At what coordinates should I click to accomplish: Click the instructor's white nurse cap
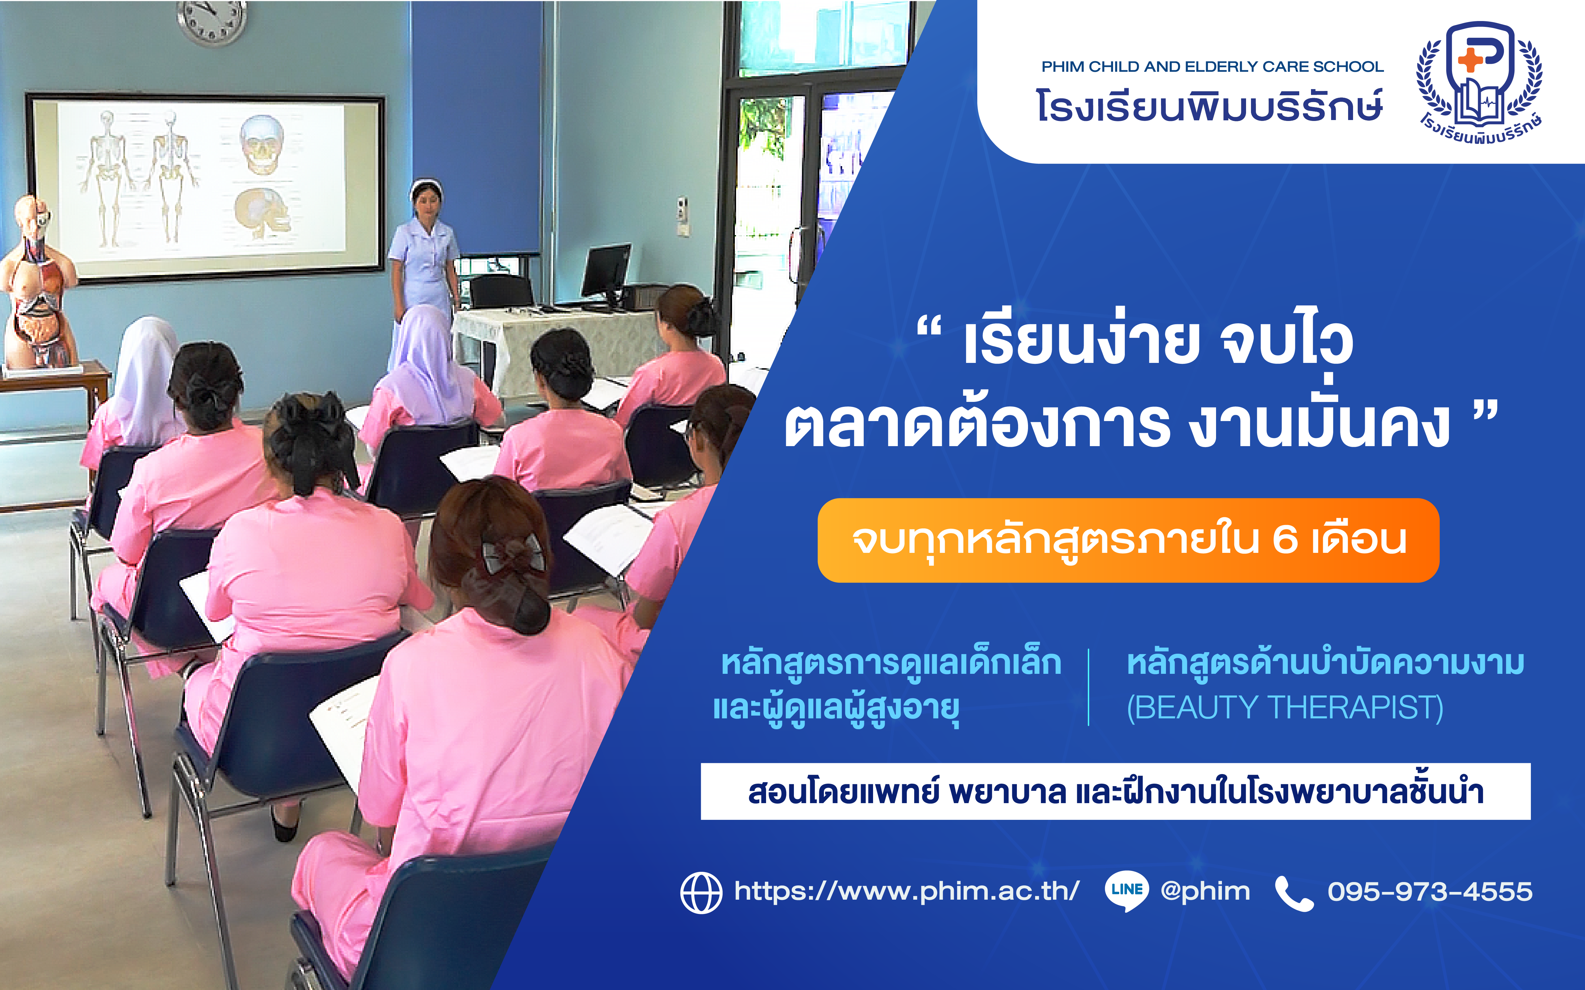(x=426, y=188)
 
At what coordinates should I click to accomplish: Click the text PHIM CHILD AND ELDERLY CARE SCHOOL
(x=1212, y=67)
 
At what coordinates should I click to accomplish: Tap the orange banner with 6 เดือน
(x=1128, y=540)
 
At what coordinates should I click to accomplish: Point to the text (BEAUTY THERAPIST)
(x=1285, y=708)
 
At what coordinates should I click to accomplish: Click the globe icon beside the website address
(x=701, y=893)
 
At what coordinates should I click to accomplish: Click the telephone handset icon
(x=1294, y=893)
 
